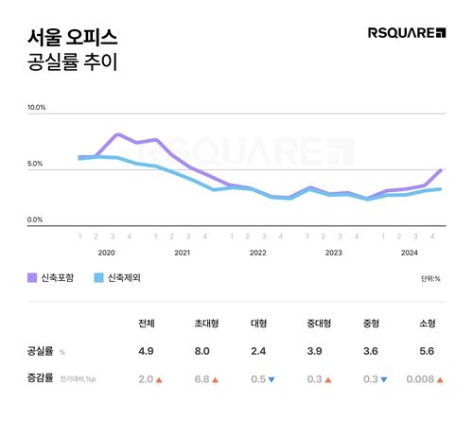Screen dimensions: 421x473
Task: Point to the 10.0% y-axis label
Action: (35, 108)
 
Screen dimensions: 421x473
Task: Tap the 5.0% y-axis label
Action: (35, 164)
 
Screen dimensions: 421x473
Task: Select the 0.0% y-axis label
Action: (35, 219)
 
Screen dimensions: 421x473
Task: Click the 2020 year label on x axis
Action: (106, 253)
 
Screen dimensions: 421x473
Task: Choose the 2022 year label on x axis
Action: (257, 253)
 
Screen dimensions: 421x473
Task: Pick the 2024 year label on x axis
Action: (409, 253)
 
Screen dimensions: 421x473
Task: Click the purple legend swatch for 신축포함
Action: (32, 278)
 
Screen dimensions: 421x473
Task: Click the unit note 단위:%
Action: (430, 279)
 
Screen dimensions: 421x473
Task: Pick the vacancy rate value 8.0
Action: (201, 351)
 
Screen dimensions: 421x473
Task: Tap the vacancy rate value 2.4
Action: (257, 351)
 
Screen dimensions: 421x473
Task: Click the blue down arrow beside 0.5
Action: (272, 380)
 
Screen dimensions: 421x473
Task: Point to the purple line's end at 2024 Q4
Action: (441, 170)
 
